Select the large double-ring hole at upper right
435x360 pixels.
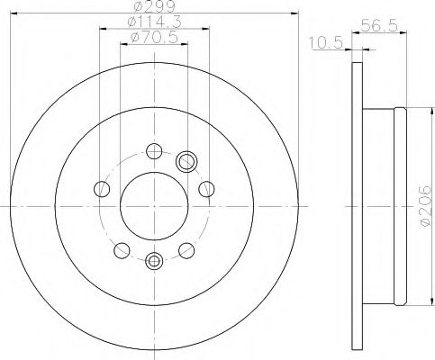pyautogui.click(x=188, y=161)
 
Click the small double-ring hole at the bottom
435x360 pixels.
pyautogui.click(x=154, y=262)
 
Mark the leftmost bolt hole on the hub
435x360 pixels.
pyautogui.click(x=103, y=189)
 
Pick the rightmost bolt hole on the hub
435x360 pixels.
pyautogui.click(x=206, y=189)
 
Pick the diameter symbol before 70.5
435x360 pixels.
pyautogui.click(x=135, y=37)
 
